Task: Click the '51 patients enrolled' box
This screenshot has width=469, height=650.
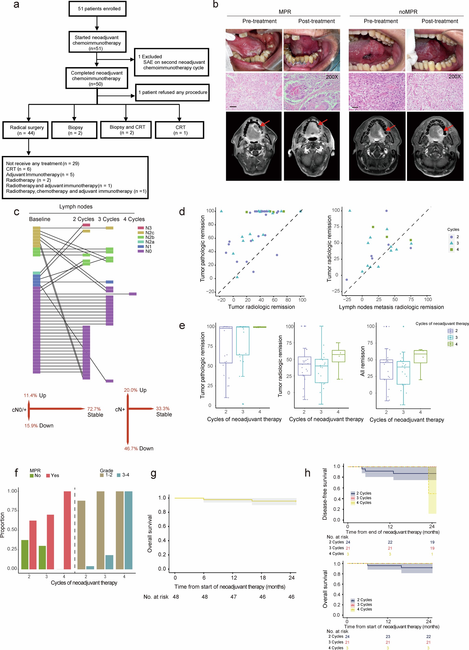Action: [x=97, y=9]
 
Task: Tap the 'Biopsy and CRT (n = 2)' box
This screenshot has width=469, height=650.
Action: [x=126, y=129]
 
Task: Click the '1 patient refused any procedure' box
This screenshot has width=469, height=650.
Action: [x=172, y=92]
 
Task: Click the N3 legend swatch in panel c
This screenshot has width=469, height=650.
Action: [x=141, y=228]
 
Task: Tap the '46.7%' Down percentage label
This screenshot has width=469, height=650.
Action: [x=131, y=448]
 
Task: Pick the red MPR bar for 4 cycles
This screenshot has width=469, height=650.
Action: [x=67, y=530]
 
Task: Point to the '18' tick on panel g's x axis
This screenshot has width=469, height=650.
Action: [x=263, y=578]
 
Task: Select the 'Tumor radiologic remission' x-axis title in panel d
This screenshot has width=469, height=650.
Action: [x=261, y=307]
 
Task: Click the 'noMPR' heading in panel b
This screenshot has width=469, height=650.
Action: [x=408, y=12]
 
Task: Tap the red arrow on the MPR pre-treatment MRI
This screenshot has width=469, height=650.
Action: [x=265, y=123]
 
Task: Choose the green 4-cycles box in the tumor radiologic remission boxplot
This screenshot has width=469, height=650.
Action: [x=338, y=356]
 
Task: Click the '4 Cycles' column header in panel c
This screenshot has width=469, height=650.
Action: [x=134, y=219]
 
